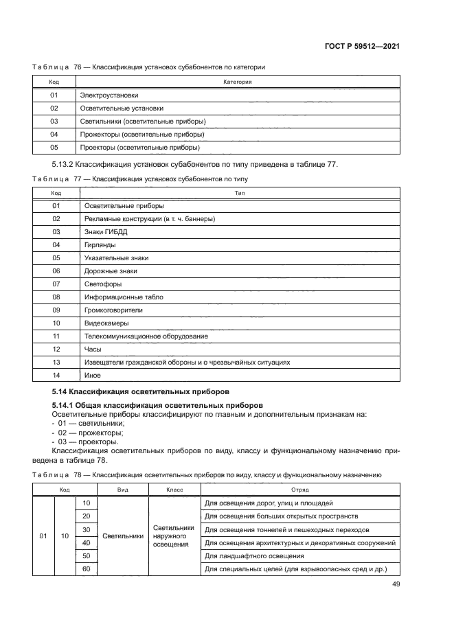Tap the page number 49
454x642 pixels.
pyautogui.click(x=396, y=584)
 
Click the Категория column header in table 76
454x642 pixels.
pyautogui.click(x=238, y=82)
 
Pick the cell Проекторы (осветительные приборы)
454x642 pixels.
pyautogui.click(x=139, y=147)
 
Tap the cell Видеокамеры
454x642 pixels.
pyautogui.click(x=106, y=323)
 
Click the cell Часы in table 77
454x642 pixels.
pyautogui.click(x=92, y=349)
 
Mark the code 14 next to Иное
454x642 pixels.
pyautogui.click(x=56, y=375)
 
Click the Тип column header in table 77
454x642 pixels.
pyautogui.click(x=240, y=193)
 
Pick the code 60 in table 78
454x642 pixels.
pyautogui.click(x=86, y=569)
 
